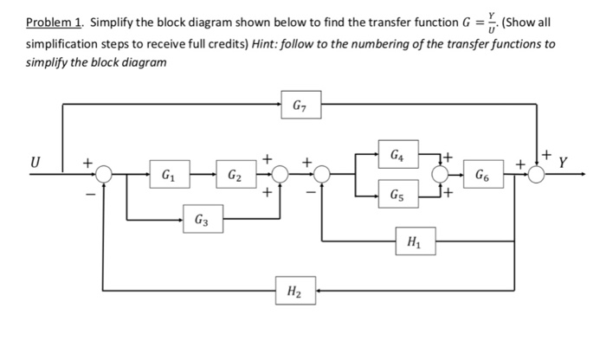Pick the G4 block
[395, 157]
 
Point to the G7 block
[296, 105]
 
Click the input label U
[36, 162]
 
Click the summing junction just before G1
[105, 175]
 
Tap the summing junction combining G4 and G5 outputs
[443, 175]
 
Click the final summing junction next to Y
[538, 175]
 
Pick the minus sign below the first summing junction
[89, 195]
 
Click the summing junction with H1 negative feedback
[322, 175]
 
